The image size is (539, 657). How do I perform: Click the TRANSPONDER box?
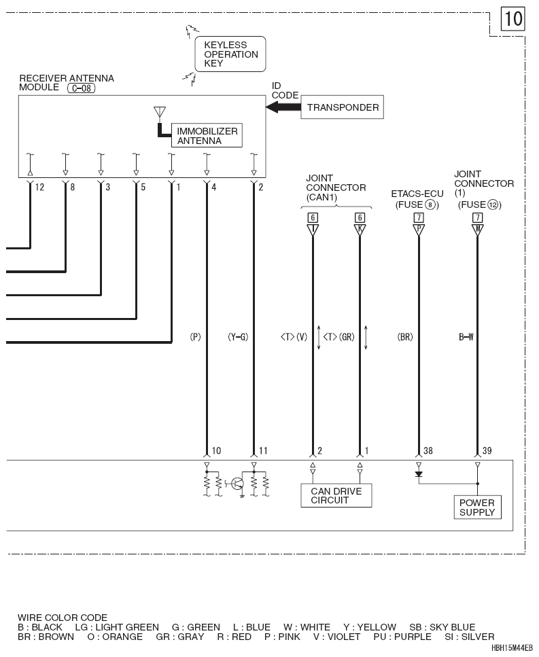point(342,107)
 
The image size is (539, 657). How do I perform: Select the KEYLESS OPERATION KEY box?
point(230,54)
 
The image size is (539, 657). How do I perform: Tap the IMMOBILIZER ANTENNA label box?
point(207,136)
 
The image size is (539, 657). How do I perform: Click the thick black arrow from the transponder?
point(283,107)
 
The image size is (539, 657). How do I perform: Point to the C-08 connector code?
point(82,88)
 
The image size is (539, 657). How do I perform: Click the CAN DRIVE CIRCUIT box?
point(336,496)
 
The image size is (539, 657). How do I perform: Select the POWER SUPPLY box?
point(477,508)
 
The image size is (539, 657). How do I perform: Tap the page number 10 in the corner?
point(513,19)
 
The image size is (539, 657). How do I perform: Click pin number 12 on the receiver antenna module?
point(40,188)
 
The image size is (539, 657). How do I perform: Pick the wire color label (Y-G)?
point(238,337)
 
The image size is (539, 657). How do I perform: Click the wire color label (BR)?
point(405,337)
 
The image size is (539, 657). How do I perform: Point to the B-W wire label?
point(466,337)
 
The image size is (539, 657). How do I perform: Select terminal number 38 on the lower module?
point(428,451)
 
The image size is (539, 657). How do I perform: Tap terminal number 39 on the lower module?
point(487,451)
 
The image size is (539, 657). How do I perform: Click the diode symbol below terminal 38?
point(418,474)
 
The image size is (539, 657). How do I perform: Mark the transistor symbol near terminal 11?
point(238,484)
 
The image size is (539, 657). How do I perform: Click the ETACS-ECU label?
point(417,194)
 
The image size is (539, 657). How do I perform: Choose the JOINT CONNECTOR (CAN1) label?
point(336,188)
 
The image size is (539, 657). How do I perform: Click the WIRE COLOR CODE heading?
point(63,618)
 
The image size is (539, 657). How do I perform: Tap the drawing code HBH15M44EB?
point(512,648)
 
